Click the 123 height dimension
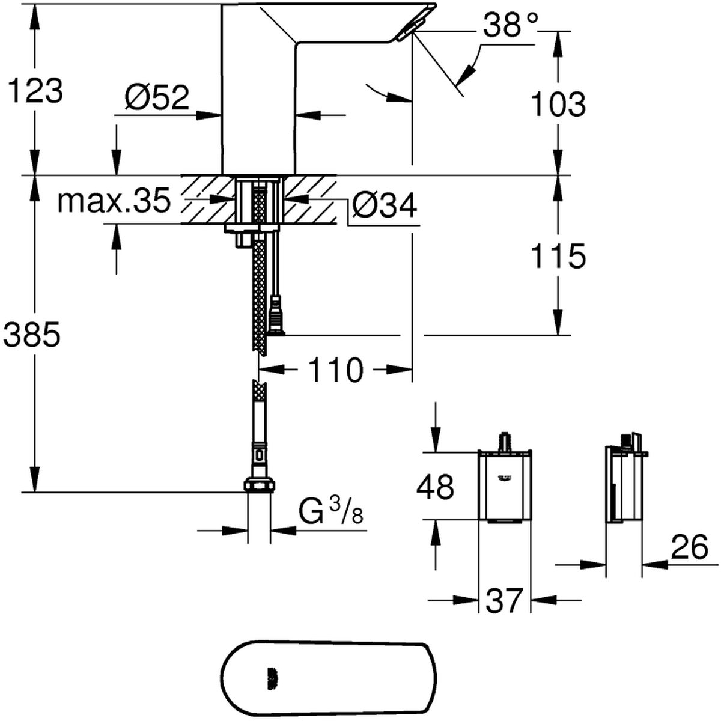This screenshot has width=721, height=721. point(35,91)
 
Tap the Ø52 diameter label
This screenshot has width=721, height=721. point(157,98)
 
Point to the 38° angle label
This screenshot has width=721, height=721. point(510,25)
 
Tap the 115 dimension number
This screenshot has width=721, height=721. point(558,257)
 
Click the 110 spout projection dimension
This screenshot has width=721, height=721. point(336,370)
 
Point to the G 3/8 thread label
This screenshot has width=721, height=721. point(330,513)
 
